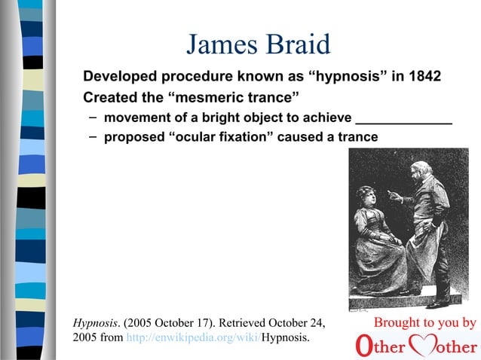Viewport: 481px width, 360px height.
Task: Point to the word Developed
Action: (x=125, y=78)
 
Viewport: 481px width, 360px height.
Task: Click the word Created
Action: (x=112, y=98)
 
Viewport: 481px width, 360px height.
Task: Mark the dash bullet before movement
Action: (x=91, y=117)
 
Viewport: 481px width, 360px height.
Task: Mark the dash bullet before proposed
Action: (x=91, y=136)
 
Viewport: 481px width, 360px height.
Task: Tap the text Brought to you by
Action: (x=425, y=323)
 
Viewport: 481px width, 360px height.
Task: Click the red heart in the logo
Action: (x=427, y=346)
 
